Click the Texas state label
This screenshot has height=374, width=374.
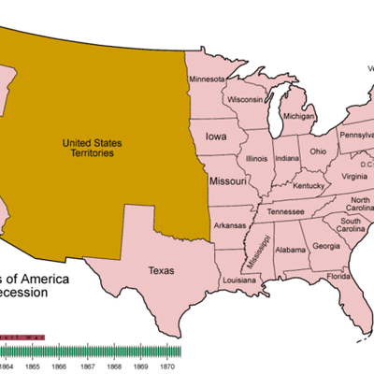[x=162, y=271]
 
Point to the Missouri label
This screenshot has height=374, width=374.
[x=228, y=180]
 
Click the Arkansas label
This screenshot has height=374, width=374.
[x=231, y=225]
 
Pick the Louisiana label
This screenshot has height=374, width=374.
[x=239, y=280]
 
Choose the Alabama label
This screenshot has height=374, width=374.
[x=291, y=250]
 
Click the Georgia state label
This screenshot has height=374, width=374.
[x=326, y=246]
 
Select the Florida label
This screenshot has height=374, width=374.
[x=339, y=277]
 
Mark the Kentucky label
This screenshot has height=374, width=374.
[x=308, y=186]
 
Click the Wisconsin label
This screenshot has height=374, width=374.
[x=244, y=99]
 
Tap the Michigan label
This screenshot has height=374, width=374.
[x=299, y=117]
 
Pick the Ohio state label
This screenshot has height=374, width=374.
[x=319, y=151]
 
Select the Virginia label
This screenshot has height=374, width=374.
[x=354, y=177]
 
